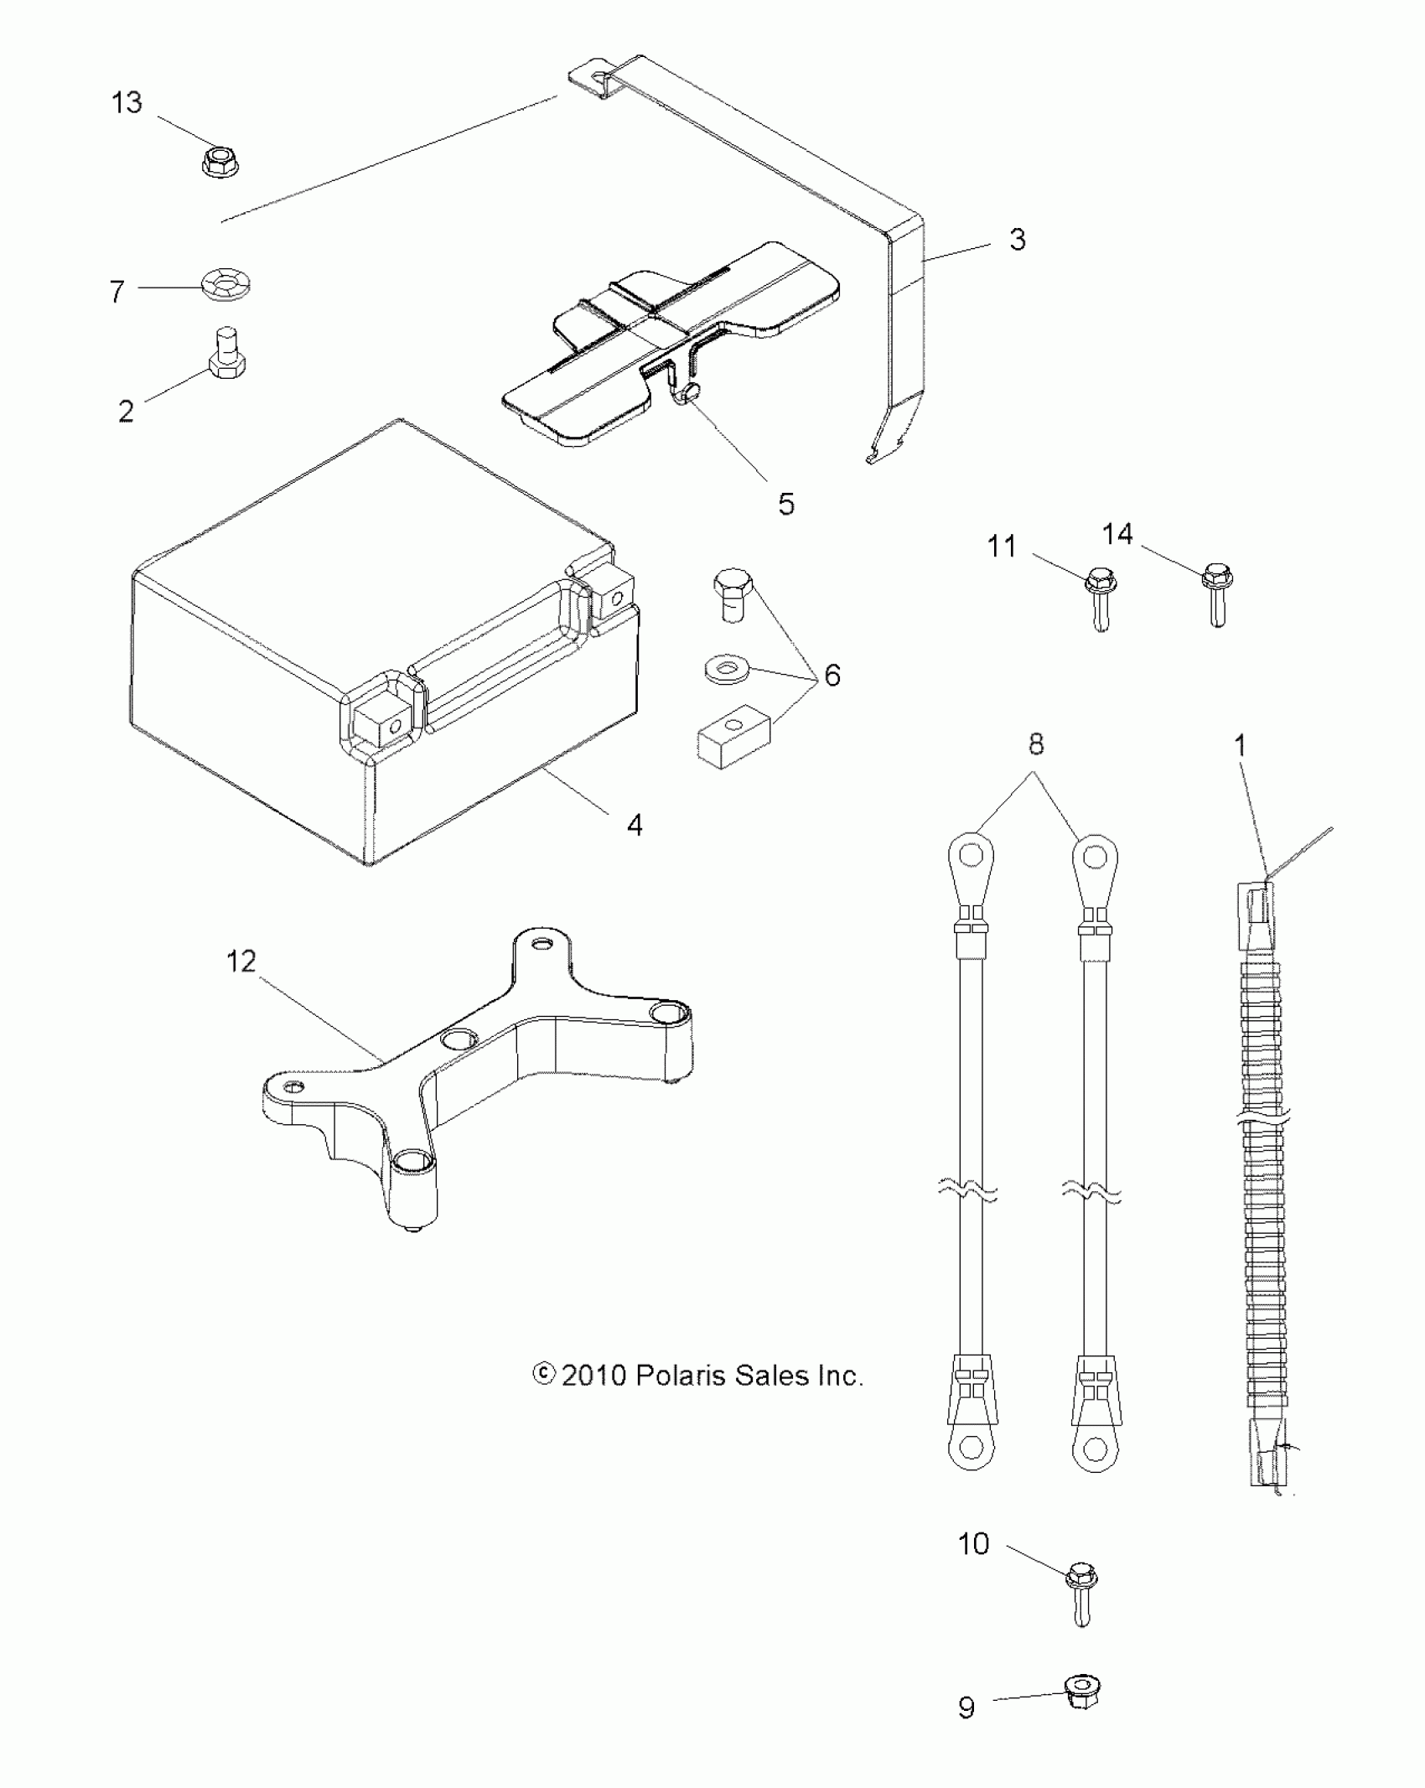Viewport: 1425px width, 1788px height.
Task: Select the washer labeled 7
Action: click(227, 287)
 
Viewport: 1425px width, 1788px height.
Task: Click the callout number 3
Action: click(1017, 240)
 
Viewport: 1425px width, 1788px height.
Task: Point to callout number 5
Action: click(786, 504)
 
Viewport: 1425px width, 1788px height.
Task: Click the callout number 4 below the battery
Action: click(635, 825)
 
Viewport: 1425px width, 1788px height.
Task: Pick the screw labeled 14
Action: click(1218, 593)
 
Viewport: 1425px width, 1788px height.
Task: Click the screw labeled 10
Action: click(1081, 1597)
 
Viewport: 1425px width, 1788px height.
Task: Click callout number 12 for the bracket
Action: click(241, 961)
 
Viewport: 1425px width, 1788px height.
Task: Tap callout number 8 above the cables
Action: click(1036, 744)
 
